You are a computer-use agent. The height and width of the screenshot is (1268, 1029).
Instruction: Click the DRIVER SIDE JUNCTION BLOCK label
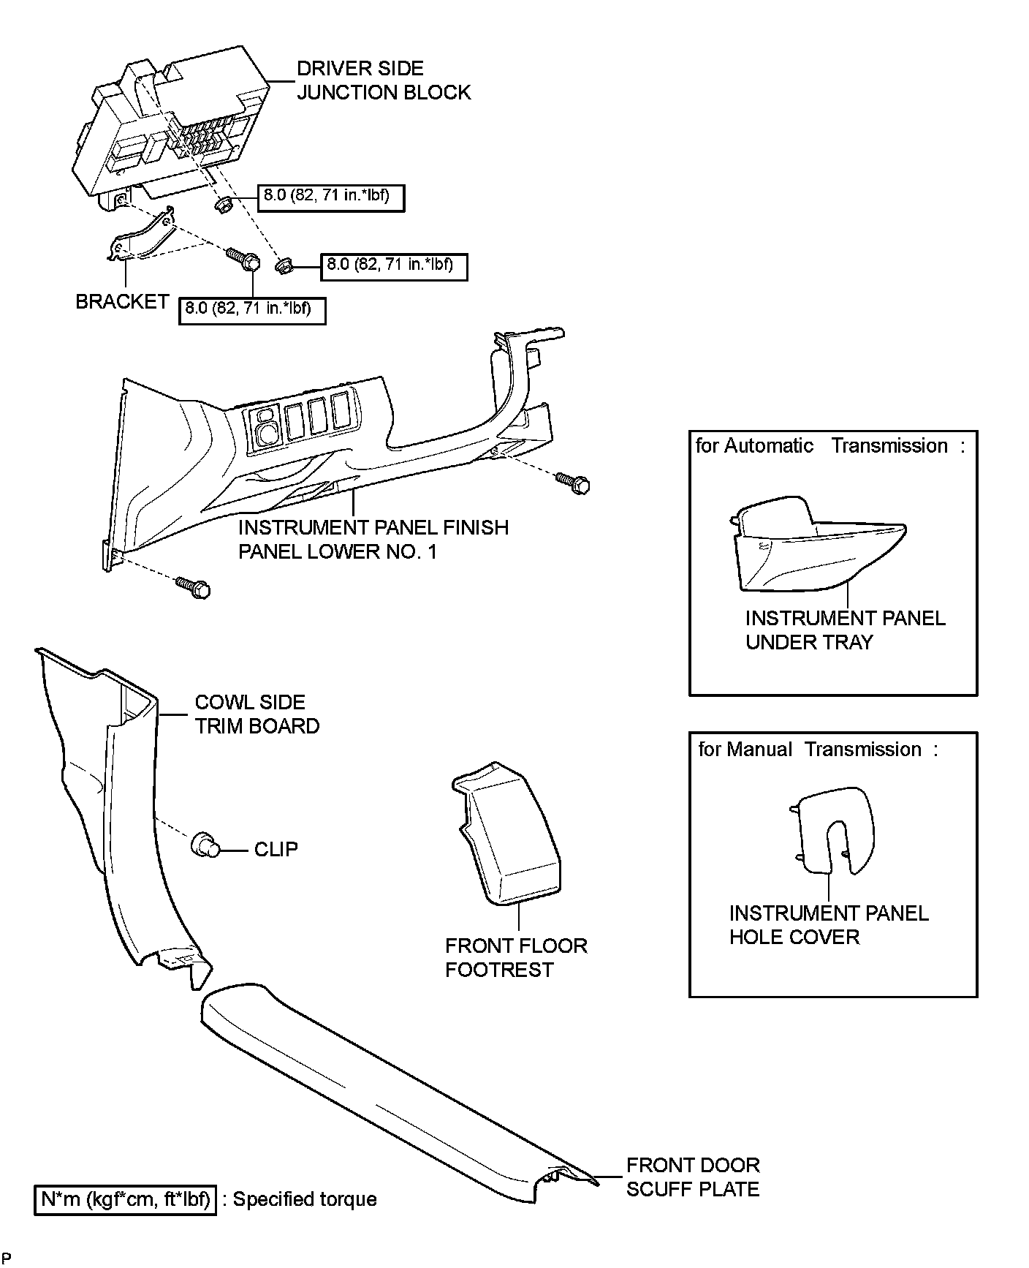[x=383, y=80]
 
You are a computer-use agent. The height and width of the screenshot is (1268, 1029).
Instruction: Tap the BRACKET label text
[x=122, y=301]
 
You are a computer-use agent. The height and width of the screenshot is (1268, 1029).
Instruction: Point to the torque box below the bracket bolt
[x=252, y=309]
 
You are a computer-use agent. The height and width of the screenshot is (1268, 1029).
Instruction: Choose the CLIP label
[x=276, y=849]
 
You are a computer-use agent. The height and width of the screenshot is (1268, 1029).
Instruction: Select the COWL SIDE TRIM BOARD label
[x=257, y=714]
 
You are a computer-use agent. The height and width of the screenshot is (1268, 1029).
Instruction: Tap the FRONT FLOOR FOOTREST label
[x=516, y=957]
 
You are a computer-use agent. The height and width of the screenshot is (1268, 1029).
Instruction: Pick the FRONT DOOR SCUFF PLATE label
[x=692, y=1177]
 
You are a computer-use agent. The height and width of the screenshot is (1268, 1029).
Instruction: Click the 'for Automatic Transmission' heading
[x=829, y=446]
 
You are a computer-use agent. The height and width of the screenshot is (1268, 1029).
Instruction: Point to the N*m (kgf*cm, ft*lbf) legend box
[x=126, y=1199]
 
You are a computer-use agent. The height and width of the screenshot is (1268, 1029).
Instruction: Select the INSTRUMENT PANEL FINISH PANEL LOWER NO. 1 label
[x=373, y=539]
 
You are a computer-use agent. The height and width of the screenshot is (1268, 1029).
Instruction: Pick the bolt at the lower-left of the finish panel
[x=194, y=586]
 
